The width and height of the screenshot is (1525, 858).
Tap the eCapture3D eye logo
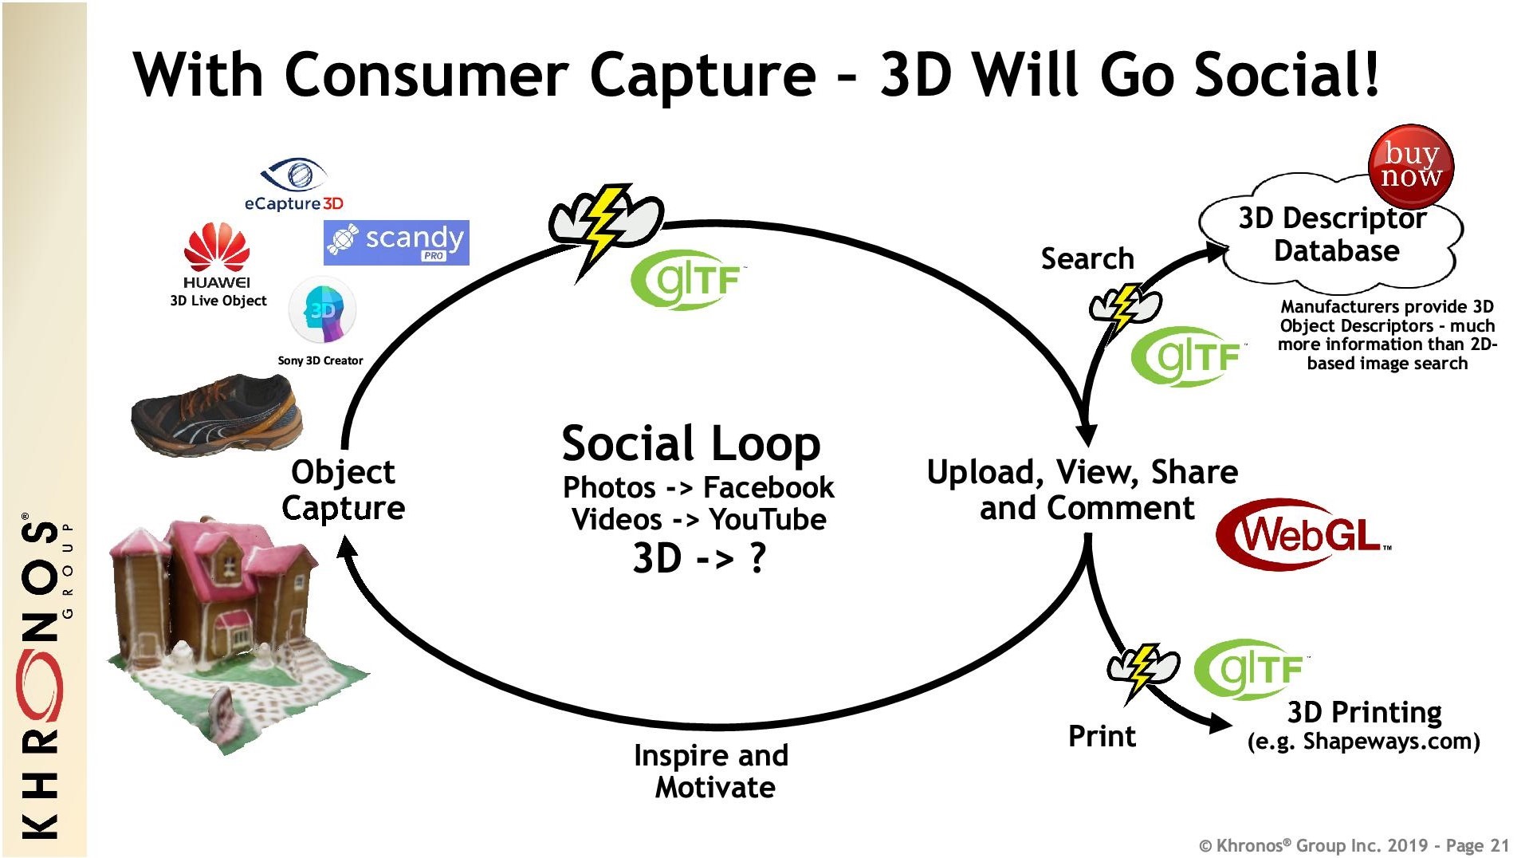click(x=293, y=174)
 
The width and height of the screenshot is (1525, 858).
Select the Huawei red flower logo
click(x=216, y=247)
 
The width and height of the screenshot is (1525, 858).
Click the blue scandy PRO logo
click(x=396, y=242)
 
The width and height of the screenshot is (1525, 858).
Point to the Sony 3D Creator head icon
click(x=322, y=310)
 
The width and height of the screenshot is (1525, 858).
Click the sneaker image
click(x=217, y=414)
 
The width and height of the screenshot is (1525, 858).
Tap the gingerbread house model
click(x=231, y=634)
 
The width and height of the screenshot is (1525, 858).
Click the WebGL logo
click(x=1303, y=534)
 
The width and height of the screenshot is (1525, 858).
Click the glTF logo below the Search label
click(x=1188, y=356)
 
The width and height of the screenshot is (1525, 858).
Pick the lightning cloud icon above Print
click(x=1142, y=669)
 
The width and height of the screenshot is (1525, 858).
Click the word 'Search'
click(x=1087, y=258)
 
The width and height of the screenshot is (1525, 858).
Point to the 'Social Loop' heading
click(x=690, y=443)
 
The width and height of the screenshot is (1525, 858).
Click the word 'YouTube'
click(x=768, y=519)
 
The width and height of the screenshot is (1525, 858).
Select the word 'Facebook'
click(x=768, y=486)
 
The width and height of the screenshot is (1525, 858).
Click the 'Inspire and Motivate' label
click(x=712, y=771)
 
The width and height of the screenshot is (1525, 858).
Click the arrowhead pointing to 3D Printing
click(x=1220, y=722)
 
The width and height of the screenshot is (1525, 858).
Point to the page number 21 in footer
click(x=1499, y=845)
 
